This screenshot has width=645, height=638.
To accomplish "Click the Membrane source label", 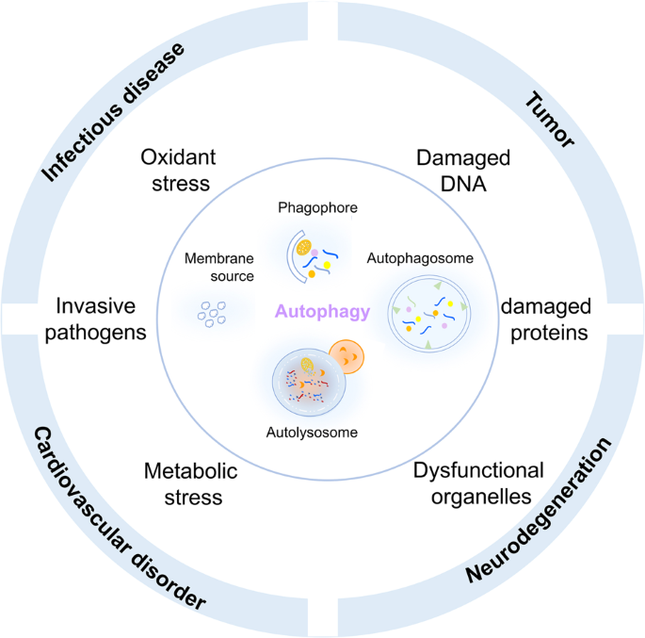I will pos(219,267).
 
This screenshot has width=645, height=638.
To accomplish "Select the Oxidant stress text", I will pos(175,169).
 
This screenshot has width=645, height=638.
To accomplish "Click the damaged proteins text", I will pos(545,319).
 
